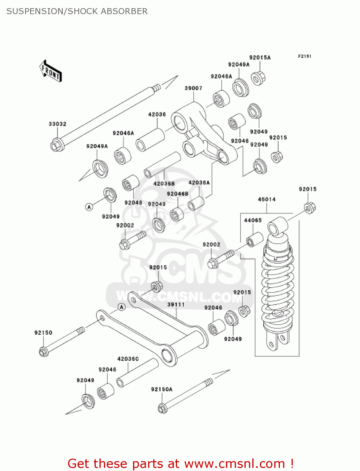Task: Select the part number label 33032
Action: point(57,124)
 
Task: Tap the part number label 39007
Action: point(193,88)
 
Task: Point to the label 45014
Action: point(266,199)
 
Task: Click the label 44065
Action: point(253,220)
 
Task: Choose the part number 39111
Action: point(176,305)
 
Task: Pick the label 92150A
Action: point(162,389)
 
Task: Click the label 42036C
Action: point(128,359)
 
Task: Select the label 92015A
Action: point(260,57)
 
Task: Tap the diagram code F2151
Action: point(304,56)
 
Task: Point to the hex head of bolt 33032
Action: point(57,145)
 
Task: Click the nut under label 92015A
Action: point(258,78)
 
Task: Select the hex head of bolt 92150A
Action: point(162,409)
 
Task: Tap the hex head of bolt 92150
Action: point(44,351)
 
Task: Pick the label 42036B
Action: point(164,184)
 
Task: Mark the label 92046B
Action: point(177,194)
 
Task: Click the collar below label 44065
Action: point(255,240)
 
